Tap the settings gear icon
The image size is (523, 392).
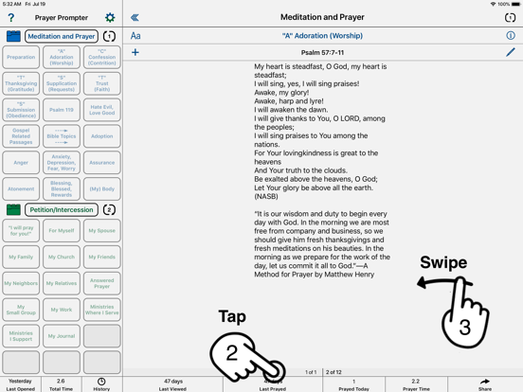[110, 17]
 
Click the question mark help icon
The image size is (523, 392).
[11, 17]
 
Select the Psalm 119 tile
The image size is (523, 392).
[62, 110]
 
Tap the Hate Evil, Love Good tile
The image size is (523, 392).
[101, 110]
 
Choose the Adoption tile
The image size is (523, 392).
[101, 136]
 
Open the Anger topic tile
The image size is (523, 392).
[21, 163]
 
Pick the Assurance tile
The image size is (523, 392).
[101, 163]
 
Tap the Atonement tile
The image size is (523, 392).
[21, 188]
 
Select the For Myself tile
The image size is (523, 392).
[62, 230]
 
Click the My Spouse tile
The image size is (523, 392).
[101, 230]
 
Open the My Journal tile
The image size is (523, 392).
[62, 336]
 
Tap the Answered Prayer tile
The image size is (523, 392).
[101, 283]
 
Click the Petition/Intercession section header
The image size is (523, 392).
[62, 210]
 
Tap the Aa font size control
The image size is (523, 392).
[135, 36]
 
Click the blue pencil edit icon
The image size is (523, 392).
[510, 53]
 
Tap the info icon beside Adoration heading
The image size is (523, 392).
[511, 36]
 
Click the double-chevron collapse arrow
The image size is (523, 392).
[135, 17]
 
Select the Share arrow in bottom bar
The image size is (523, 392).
[485, 383]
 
